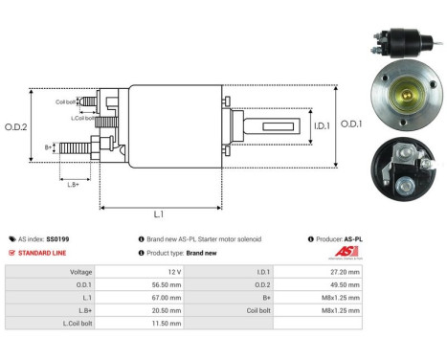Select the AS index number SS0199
pos(58,238)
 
